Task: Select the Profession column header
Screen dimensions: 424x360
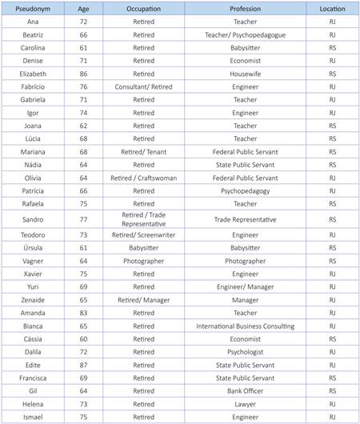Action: (245, 9)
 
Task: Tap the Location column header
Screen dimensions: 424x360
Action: (332, 9)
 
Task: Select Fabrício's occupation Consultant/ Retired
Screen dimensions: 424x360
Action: (143, 86)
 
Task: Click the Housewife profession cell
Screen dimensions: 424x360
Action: (245, 74)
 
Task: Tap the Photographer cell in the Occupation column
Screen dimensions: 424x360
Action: (143, 262)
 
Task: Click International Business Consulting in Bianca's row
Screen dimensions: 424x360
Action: (245, 326)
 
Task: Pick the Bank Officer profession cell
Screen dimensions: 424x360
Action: (245, 391)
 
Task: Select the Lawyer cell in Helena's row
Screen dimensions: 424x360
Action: (245, 404)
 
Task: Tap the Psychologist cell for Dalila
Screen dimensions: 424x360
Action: (245, 352)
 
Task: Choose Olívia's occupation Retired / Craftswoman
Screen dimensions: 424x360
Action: (143, 178)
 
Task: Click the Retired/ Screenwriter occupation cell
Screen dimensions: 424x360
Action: (143, 236)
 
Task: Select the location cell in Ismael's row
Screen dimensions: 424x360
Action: (332, 417)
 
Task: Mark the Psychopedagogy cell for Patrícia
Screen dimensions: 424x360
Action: (245, 190)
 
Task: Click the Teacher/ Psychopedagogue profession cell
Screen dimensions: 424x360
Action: (245, 35)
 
